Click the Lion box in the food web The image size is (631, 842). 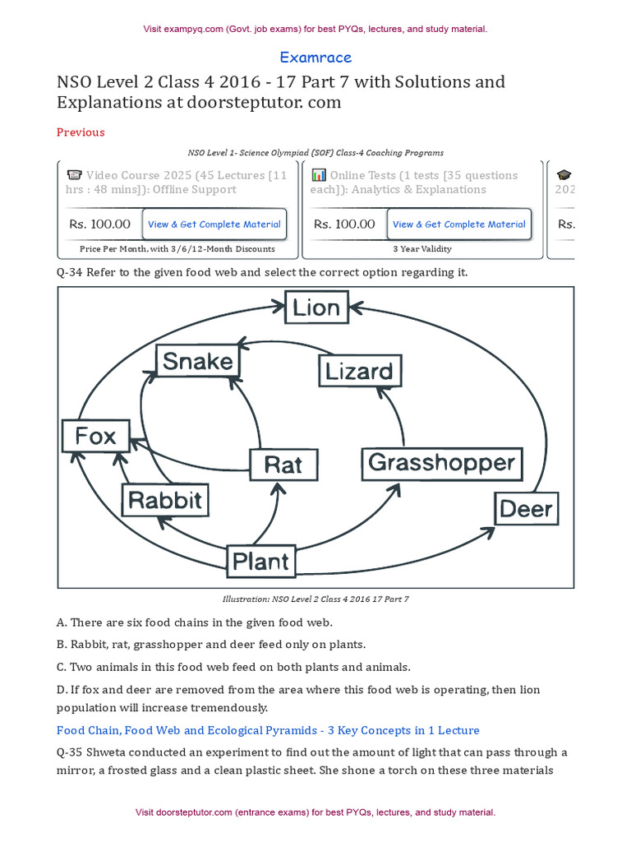click(316, 308)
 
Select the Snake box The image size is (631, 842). click(197, 361)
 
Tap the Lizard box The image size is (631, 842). click(359, 371)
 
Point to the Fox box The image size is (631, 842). click(95, 436)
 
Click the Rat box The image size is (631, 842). click(283, 465)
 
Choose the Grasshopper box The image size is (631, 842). click(441, 463)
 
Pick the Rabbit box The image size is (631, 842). click(164, 500)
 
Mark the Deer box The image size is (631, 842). click(526, 509)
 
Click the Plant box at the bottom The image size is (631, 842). click(260, 561)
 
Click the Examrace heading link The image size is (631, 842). click(315, 58)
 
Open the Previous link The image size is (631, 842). click(81, 132)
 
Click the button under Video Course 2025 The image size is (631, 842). click(214, 224)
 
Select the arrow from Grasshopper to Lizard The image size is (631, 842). click(399, 419)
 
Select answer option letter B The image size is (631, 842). click(62, 645)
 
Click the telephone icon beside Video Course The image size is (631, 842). click(74, 175)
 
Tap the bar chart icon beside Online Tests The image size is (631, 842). click(319, 175)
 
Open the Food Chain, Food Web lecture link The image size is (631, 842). click(268, 730)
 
